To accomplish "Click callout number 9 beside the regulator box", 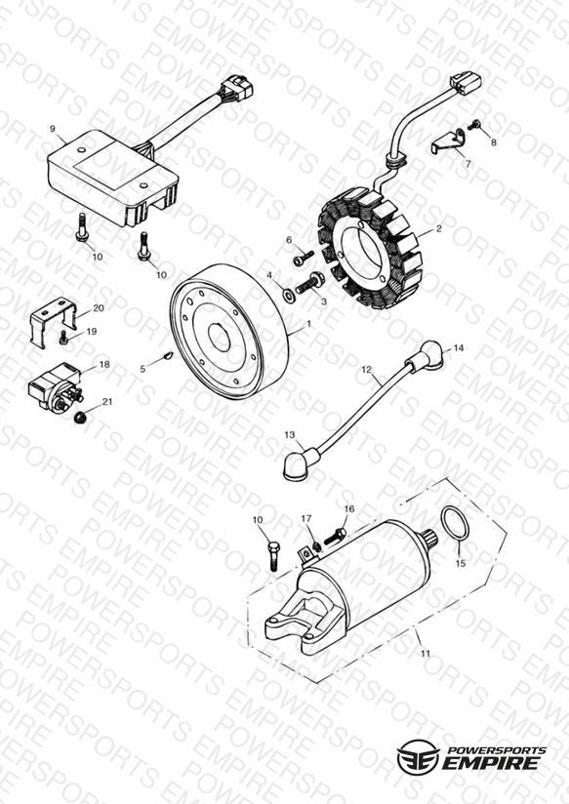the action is click(53, 129).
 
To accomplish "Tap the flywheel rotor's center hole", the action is click(221, 338).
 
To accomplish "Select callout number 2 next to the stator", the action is click(438, 229).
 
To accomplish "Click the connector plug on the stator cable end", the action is click(466, 82).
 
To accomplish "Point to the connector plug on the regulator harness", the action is click(236, 87).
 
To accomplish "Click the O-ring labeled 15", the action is click(455, 523).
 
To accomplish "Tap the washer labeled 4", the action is click(288, 295).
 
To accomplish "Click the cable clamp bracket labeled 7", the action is click(447, 141).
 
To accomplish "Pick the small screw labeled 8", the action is click(474, 125).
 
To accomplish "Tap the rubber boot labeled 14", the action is click(425, 355).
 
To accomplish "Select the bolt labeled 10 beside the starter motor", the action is click(272, 556).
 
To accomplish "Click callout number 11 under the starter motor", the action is click(426, 654).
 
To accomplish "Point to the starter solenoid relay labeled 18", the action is click(56, 387).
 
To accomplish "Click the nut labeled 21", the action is click(79, 418).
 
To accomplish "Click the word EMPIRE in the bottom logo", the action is click(492, 762).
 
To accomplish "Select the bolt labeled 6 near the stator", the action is click(304, 258).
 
